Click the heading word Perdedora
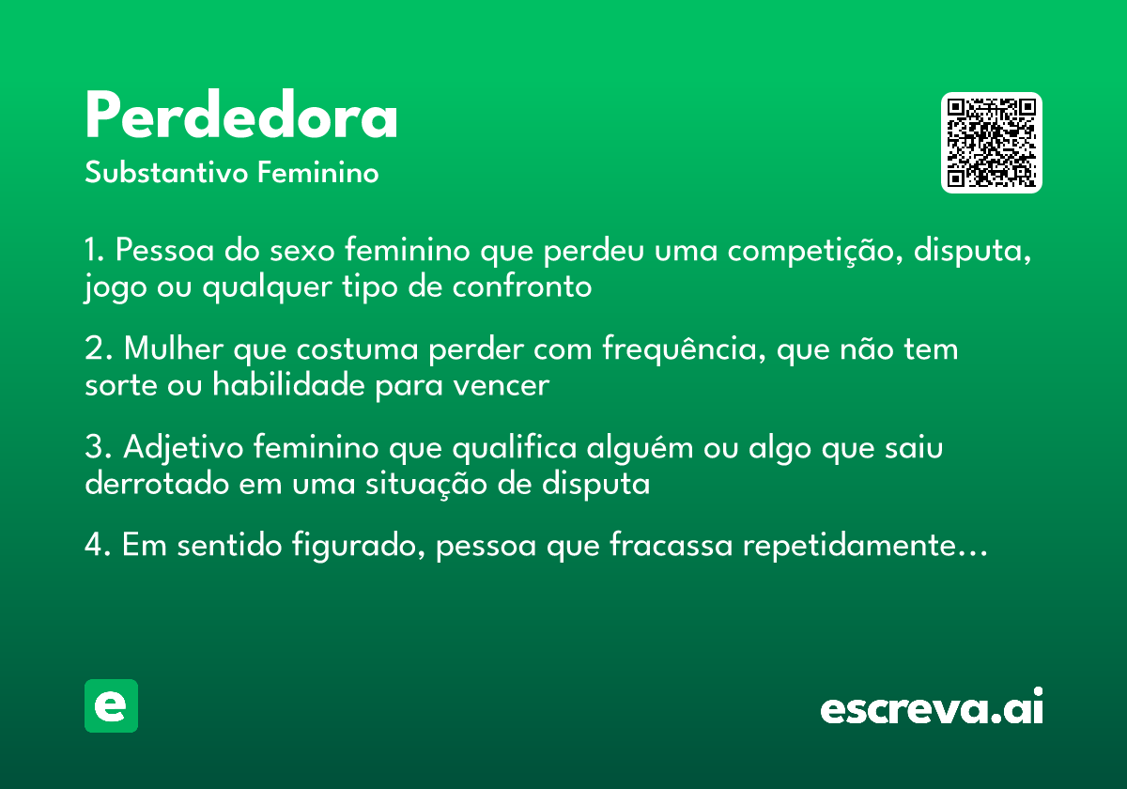241,117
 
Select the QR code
991,143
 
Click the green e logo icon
111,705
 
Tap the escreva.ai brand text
931,708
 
